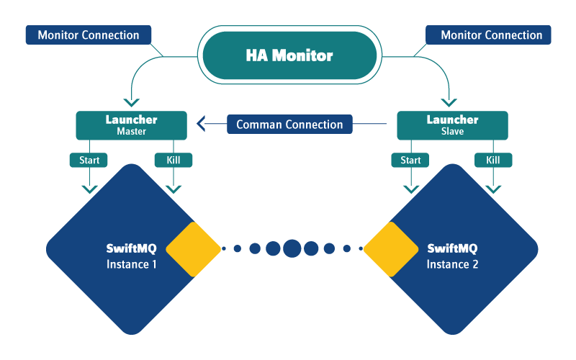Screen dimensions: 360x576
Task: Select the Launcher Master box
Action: tap(131, 125)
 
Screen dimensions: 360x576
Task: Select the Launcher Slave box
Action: tap(452, 125)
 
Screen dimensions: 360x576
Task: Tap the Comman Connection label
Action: tap(289, 125)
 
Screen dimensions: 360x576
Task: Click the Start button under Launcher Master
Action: tap(89, 160)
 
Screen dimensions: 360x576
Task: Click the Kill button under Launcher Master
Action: tap(173, 160)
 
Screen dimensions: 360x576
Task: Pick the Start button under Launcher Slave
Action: tap(410, 160)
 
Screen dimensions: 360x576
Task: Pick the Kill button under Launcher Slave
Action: tap(493, 160)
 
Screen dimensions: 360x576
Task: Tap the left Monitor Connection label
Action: tap(89, 35)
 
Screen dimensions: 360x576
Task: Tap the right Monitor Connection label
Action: tap(488, 35)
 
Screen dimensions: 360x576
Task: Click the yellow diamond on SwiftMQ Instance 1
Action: tap(193, 249)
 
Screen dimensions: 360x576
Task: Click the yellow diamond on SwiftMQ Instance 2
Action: tap(391, 249)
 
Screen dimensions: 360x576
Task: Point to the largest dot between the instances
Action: tap(292, 248)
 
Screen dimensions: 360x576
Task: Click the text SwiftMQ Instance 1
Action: tap(131, 256)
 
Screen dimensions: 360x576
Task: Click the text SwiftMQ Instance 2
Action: tap(452, 256)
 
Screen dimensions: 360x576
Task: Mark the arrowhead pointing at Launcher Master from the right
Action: tap(199, 125)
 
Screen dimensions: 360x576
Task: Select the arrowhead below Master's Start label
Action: tap(89, 189)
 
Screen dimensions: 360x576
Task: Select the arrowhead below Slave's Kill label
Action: tap(493, 189)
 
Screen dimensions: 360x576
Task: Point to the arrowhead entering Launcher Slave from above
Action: tap(450, 102)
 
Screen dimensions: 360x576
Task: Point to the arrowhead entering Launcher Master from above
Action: tap(131, 102)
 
